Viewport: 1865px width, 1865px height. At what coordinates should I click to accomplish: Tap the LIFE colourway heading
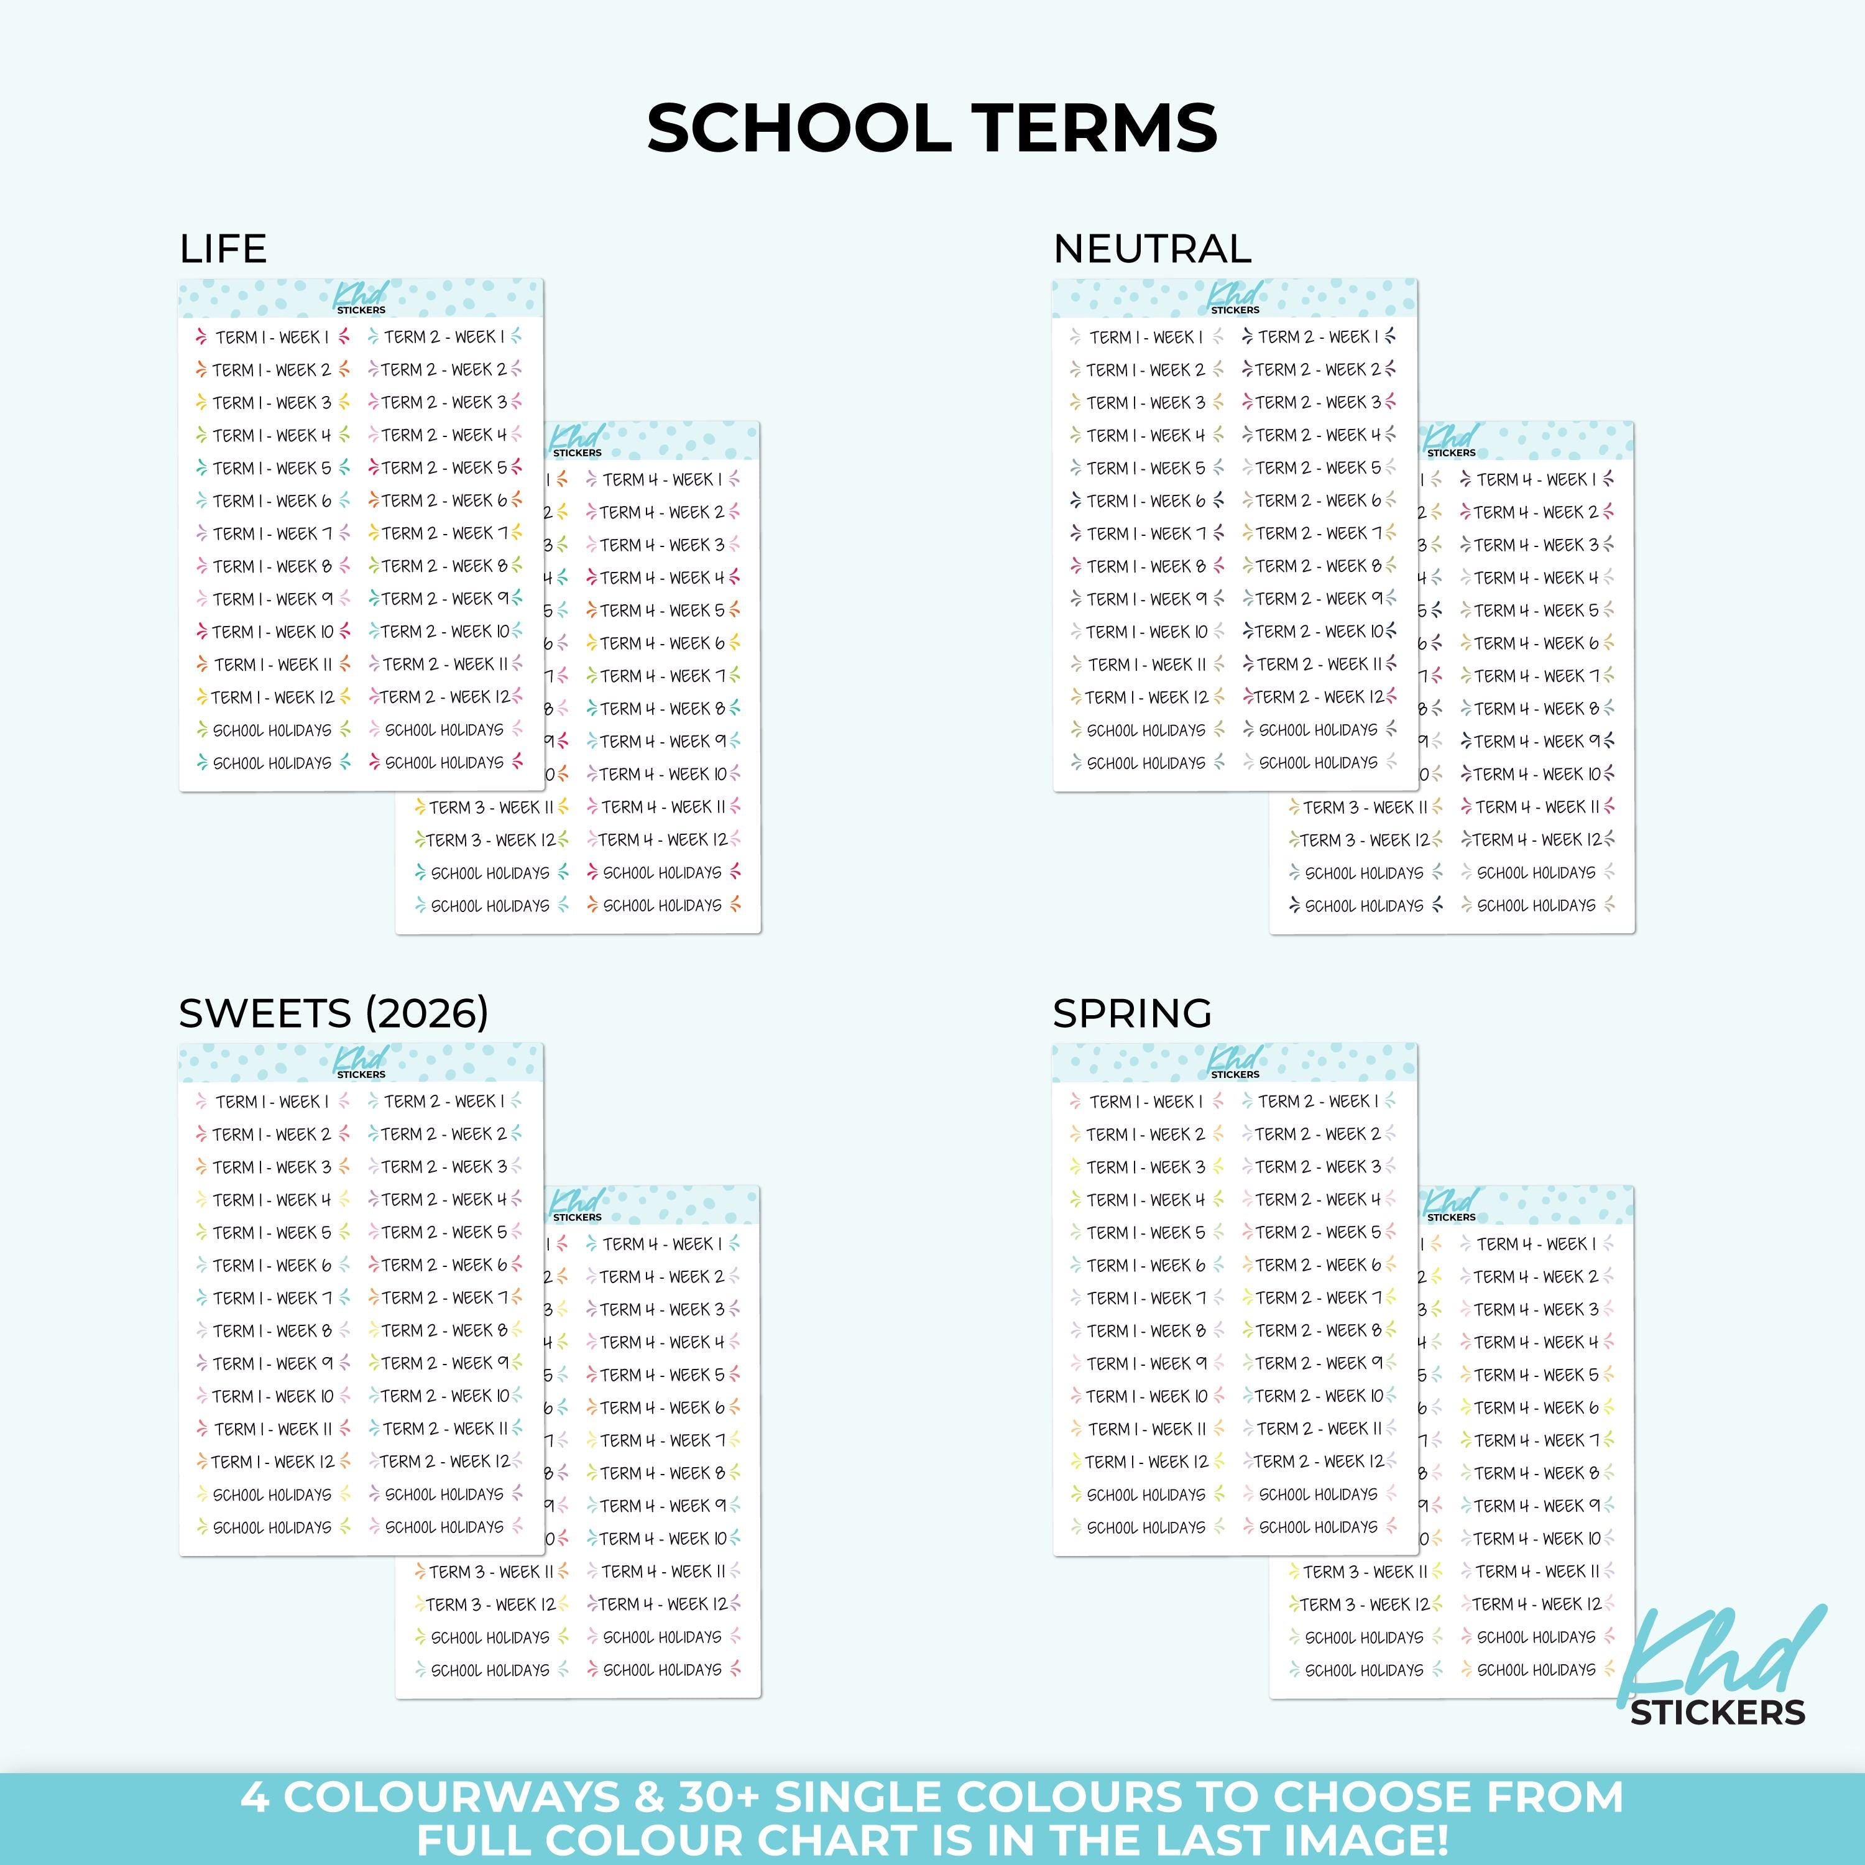223,249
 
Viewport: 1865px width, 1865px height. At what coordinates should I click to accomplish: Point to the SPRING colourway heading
1131,1013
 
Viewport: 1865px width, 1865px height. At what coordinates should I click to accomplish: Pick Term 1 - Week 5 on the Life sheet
271,468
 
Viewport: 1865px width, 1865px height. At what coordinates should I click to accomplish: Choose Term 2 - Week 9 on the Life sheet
444,599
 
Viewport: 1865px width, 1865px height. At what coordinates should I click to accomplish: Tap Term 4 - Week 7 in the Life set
662,676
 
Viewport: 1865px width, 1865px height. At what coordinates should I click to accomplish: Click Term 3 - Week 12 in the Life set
490,840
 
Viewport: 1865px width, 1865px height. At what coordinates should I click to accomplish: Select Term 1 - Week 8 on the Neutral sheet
1146,566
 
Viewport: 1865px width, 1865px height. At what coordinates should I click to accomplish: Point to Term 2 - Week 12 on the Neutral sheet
1319,697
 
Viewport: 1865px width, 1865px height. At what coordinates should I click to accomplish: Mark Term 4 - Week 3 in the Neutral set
1536,545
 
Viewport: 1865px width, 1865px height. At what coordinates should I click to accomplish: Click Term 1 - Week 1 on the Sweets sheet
271,1102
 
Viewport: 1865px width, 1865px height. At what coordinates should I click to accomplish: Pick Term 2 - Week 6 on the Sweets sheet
444,1264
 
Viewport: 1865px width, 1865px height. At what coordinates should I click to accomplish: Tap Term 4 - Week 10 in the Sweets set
662,1539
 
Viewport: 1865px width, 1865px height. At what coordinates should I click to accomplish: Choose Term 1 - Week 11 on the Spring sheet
1146,1429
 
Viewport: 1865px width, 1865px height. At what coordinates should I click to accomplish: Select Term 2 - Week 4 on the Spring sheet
1319,1200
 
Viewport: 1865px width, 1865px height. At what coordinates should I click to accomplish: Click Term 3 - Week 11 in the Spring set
1364,1572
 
